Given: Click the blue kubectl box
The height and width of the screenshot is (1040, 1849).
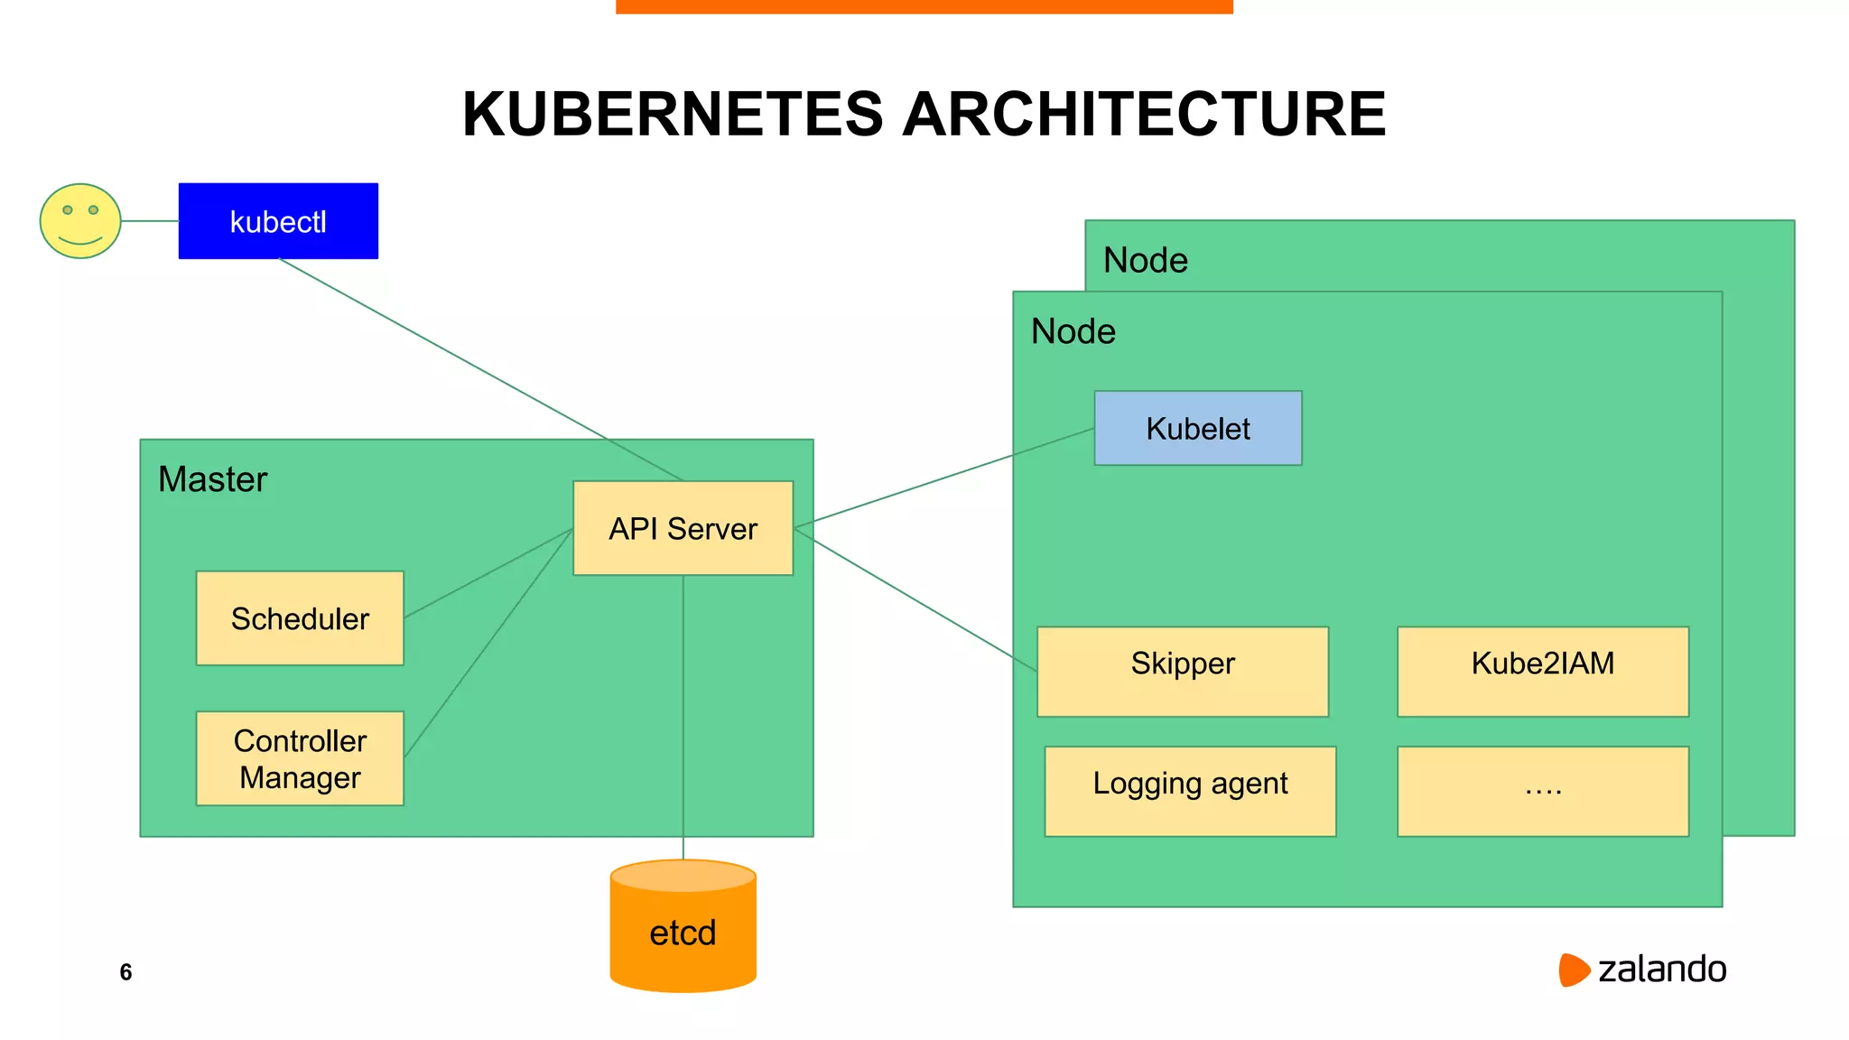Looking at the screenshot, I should (x=278, y=221).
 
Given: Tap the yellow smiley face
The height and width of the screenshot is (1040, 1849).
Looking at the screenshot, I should (x=80, y=221).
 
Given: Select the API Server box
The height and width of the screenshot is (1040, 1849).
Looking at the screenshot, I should (x=683, y=528).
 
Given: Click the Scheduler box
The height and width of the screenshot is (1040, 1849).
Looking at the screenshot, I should (x=300, y=618).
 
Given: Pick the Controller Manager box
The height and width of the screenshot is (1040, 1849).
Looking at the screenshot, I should (x=300, y=758).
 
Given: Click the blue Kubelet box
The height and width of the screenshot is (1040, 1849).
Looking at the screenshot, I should (x=1197, y=428).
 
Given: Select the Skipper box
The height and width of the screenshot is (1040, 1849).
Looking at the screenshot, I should (x=1182, y=671).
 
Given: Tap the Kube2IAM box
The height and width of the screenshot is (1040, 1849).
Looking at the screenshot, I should (x=1542, y=671).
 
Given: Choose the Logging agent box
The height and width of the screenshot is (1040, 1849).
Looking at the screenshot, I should (x=1190, y=791).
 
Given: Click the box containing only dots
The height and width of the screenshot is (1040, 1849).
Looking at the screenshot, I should (x=1542, y=791).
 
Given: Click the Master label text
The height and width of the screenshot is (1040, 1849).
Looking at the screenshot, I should (x=212, y=479).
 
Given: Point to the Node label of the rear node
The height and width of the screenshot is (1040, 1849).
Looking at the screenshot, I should (x=1145, y=260).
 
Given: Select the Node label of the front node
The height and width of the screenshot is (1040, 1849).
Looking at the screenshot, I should (x=1073, y=331).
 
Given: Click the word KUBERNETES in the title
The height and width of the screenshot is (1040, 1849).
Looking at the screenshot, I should (x=672, y=115).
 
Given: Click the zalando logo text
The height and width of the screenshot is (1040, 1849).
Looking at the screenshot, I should (x=1661, y=970).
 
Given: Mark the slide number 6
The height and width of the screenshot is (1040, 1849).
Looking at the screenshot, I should (x=125, y=972).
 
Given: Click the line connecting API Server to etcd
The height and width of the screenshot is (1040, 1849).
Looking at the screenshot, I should (x=683, y=722).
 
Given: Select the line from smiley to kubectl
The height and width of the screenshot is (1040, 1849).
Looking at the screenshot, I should (x=150, y=220).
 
